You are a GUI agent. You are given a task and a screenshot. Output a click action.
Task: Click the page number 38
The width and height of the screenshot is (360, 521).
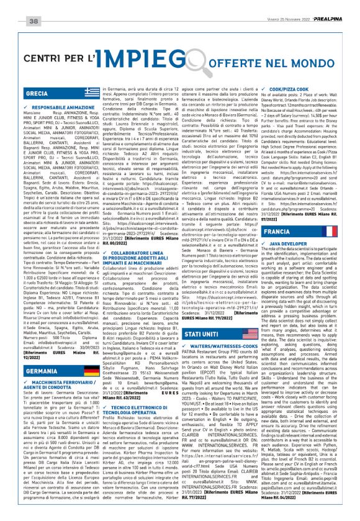(34, 7)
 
